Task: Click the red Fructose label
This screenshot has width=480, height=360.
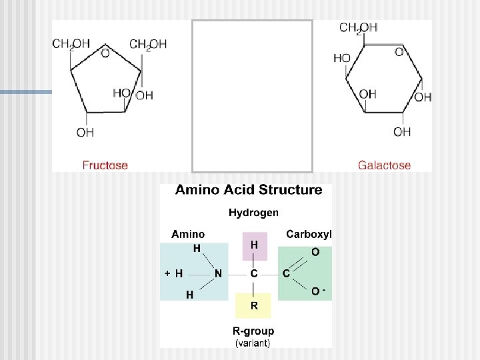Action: (x=105, y=165)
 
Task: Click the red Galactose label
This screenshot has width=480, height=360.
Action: (x=384, y=165)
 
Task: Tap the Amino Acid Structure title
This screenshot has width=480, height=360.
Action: (x=248, y=190)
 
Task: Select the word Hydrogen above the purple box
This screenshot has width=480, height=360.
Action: (x=253, y=213)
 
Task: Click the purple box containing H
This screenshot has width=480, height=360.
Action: (x=254, y=245)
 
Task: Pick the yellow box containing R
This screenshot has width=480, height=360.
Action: (x=254, y=306)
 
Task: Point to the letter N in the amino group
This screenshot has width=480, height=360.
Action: (x=218, y=273)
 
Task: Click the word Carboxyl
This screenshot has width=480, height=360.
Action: (x=309, y=234)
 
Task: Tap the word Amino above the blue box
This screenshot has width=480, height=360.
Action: (x=188, y=234)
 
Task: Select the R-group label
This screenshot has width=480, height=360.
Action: (x=253, y=331)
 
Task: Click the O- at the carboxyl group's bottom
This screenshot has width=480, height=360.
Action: (x=317, y=291)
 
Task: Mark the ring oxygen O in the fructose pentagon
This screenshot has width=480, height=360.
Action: (x=105, y=53)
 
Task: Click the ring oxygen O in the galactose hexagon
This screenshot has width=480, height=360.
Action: (x=399, y=51)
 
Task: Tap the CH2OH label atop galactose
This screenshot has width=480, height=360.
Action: (x=358, y=28)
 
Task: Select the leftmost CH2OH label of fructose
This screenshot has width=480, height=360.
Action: (x=71, y=45)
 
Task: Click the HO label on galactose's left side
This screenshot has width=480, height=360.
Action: (x=341, y=59)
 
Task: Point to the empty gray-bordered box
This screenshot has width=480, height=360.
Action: (x=252, y=96)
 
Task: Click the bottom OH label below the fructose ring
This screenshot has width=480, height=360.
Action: (x=85, y=133)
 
